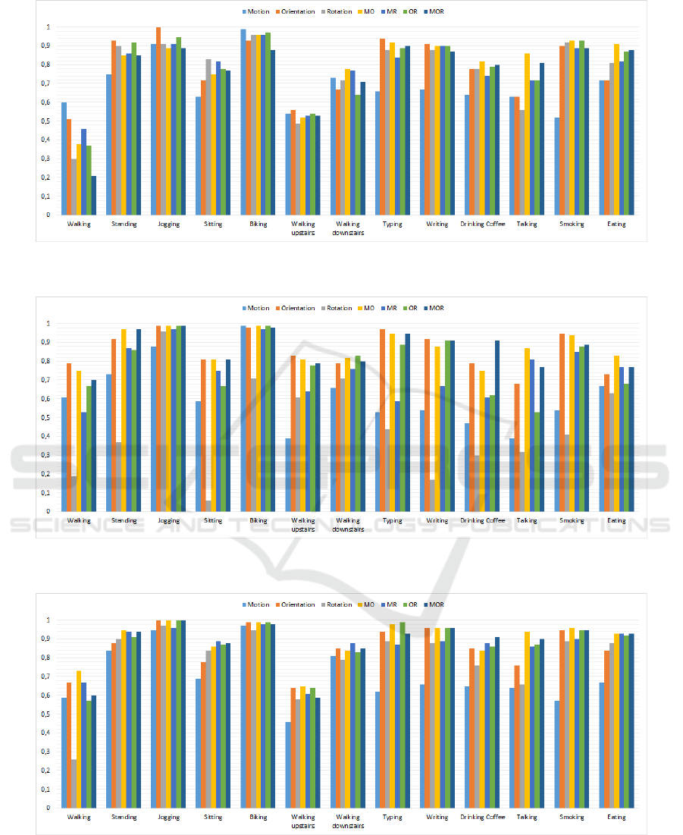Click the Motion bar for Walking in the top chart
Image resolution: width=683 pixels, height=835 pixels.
tap(64, 159)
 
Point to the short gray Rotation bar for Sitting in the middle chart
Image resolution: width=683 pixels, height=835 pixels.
tap(208, 506)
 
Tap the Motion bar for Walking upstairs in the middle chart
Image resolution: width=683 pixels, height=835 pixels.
tap(288, 475)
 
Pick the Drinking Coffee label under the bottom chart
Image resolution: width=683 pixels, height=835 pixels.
tap(482, 818)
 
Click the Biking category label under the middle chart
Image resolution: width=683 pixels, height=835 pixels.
tap(258, 521)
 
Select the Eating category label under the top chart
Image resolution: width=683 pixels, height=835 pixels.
tap(616, 224)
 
